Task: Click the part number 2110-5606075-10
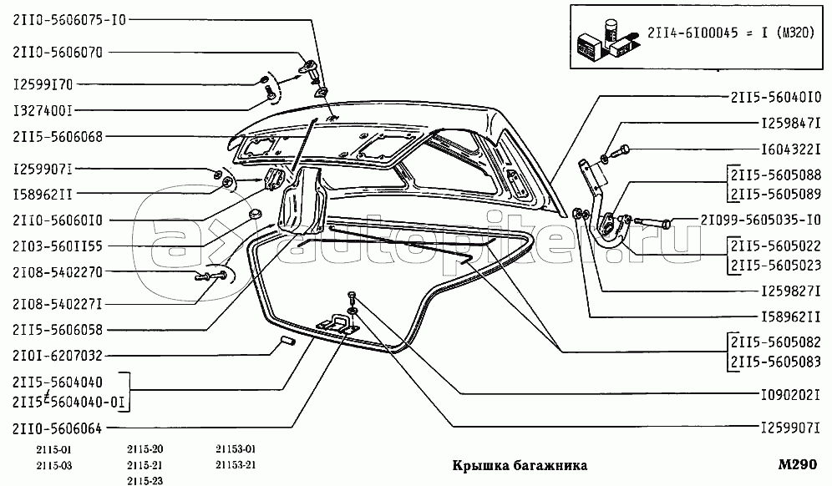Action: [69, 20]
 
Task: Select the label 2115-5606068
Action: [58, 136]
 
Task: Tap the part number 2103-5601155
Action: [58, 246]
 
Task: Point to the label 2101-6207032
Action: [58, 356]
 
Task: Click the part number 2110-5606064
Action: [58, 428]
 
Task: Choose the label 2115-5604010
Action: [776, 97]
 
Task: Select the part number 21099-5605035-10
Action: [761, 220]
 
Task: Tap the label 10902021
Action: [790, 394]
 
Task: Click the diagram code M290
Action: [798, 464]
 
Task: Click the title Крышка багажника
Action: [520, 465]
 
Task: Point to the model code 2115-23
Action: [145, 481]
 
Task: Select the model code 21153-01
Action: [236, 449]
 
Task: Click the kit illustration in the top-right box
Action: [606, 37]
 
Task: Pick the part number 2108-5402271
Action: [58, 304]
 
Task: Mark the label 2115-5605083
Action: [776, 362]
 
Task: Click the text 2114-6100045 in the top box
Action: [692, 33]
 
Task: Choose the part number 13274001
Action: [43, 111]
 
